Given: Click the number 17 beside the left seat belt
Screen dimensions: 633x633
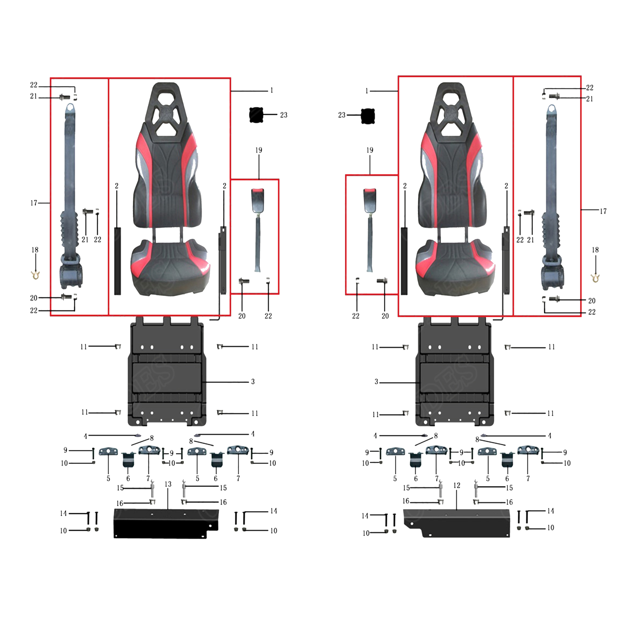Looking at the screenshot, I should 34,203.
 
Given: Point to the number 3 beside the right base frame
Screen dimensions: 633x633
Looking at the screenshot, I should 376,382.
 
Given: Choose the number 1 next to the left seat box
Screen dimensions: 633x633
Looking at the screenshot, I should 272,90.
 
